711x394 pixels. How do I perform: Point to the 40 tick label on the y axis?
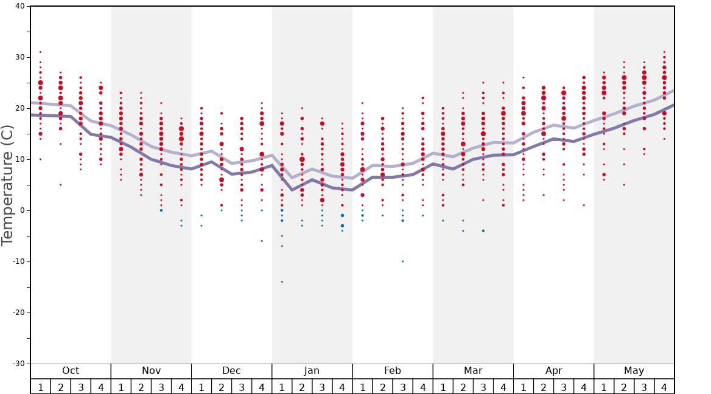click(19, 6)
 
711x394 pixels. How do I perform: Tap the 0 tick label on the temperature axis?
click(23, 210)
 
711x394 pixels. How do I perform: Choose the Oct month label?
click(71, 371)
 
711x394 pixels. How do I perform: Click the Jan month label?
click(312, 371)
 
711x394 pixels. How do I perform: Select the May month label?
click(634, 371)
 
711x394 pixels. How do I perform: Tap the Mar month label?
click(473, 371)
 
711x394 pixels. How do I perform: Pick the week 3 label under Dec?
click(242, 387)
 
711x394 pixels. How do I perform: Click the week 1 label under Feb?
click(362, 387)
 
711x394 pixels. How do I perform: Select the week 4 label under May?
click(664, 387)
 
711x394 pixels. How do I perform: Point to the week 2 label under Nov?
click(141, 387)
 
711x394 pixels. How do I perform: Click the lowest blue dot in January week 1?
click(282, 282)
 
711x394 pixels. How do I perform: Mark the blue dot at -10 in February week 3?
click(402, 261)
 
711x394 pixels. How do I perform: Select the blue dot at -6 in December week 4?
click(262, 241)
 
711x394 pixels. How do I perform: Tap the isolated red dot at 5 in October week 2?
click(60, 185)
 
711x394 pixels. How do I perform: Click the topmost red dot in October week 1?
click(40, 52)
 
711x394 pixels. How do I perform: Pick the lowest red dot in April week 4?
click(584, 205)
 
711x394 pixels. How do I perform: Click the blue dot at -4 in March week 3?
click(483, 230)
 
